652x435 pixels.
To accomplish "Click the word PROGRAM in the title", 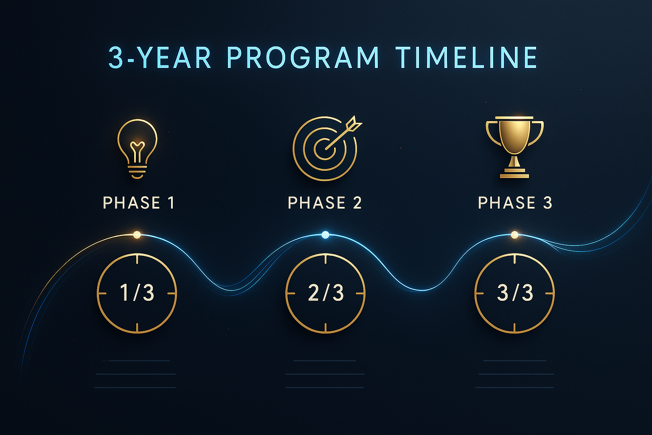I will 303,58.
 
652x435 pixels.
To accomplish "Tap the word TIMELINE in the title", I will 466,58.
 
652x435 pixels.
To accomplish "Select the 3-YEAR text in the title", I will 160,58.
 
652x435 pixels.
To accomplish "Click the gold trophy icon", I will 514,147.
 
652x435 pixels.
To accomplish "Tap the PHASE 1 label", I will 139,203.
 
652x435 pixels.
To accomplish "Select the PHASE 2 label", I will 325,203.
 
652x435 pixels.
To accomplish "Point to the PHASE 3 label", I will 515,203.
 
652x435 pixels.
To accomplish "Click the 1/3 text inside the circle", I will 137,293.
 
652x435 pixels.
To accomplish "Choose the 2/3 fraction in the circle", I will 326,293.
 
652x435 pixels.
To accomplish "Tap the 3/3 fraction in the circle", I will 514,293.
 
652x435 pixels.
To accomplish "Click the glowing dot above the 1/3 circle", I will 137,234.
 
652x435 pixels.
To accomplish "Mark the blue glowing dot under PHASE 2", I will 325,234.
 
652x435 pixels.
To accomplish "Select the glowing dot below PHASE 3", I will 514,234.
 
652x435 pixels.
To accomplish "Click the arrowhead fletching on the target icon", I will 354,124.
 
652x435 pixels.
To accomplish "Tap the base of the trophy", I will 514,173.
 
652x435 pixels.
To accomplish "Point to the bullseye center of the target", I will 325,148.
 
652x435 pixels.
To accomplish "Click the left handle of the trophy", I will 492,132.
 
